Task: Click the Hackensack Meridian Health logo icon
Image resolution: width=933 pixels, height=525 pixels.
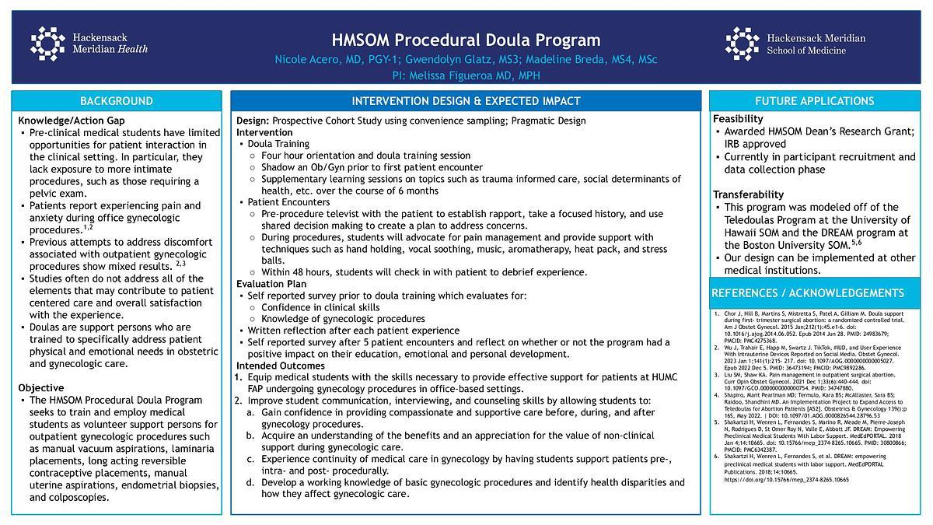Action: tap(47, 44)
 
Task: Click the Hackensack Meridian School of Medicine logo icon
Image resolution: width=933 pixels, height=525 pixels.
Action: tap(742, 44)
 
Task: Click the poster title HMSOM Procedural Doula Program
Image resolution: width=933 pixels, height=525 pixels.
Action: tap(466, 40)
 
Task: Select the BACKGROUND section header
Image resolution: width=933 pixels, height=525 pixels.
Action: tap(117, 101)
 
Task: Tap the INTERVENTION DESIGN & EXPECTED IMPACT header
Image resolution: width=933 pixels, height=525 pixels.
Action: tap(466, 101)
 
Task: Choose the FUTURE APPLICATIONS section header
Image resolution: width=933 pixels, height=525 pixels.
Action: tap(814, 101)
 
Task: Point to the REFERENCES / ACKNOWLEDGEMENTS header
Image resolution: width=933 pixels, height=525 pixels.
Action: tap(808, 292)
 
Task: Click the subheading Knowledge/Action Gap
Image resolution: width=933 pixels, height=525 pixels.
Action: tap(72, 121)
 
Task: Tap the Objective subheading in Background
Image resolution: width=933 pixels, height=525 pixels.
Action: tap(41, 387)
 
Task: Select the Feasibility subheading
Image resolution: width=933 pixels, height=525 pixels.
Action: tap(739, 119)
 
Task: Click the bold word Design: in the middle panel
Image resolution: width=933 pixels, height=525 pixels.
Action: tap(253, 121)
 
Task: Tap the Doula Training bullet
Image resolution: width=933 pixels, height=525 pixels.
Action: tap(278, 144)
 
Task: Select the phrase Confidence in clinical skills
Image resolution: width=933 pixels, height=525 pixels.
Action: tap(320, 307)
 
